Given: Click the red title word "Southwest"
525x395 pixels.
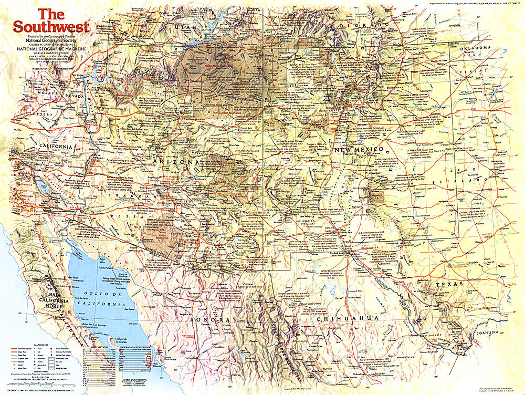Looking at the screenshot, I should pos(51,26).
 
